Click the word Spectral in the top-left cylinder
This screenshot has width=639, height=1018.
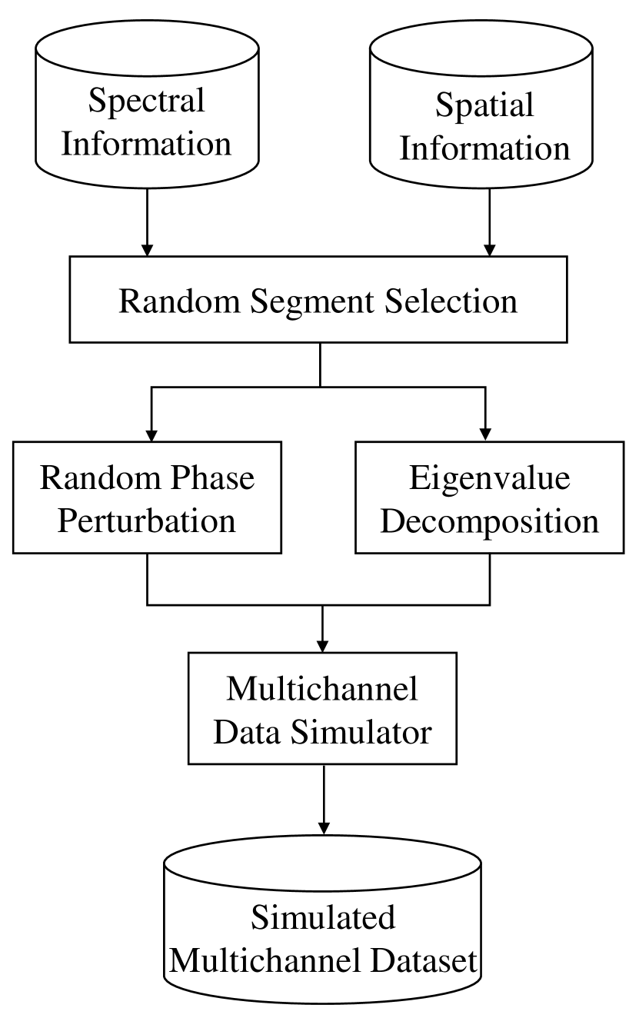pos(146,101)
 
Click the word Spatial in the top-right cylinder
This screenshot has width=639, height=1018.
pos(484,105)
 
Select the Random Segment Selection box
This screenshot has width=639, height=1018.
pos(318,301)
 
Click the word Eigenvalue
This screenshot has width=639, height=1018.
pos(490,477)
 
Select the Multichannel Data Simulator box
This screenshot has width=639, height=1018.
pos(322,709)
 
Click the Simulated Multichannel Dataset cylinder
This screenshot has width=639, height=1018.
pos(322,923)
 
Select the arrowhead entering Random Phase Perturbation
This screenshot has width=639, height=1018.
pos(151,433)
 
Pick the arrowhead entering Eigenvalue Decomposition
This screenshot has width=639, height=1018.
pos(485,433)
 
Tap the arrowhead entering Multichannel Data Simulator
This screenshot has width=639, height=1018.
pos(323,644)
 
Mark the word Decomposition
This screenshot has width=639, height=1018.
pos(490,521)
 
